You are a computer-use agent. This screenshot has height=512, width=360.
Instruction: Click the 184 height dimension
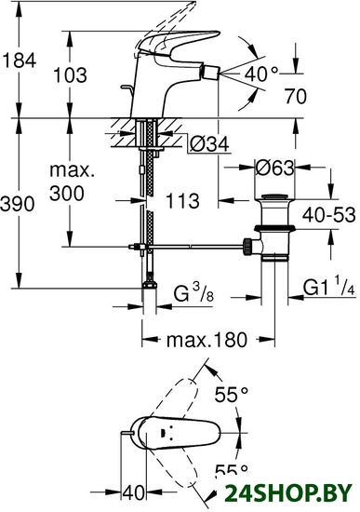click(20, 61)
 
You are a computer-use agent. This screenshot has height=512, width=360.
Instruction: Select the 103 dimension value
click(70, 75)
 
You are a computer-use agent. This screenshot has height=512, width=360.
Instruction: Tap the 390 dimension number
click(18, 205)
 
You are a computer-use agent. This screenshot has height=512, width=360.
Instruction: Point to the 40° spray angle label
click(261, 74)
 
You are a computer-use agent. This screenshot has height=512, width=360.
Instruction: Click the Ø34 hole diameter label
click(209, 143)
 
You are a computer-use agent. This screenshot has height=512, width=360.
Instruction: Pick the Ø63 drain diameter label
click(274, 168)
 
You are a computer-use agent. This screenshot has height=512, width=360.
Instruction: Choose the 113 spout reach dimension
click(182, 200)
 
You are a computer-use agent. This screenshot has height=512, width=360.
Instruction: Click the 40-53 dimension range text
click(328, 215)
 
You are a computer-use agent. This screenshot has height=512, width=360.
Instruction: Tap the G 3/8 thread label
click(193, 292)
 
